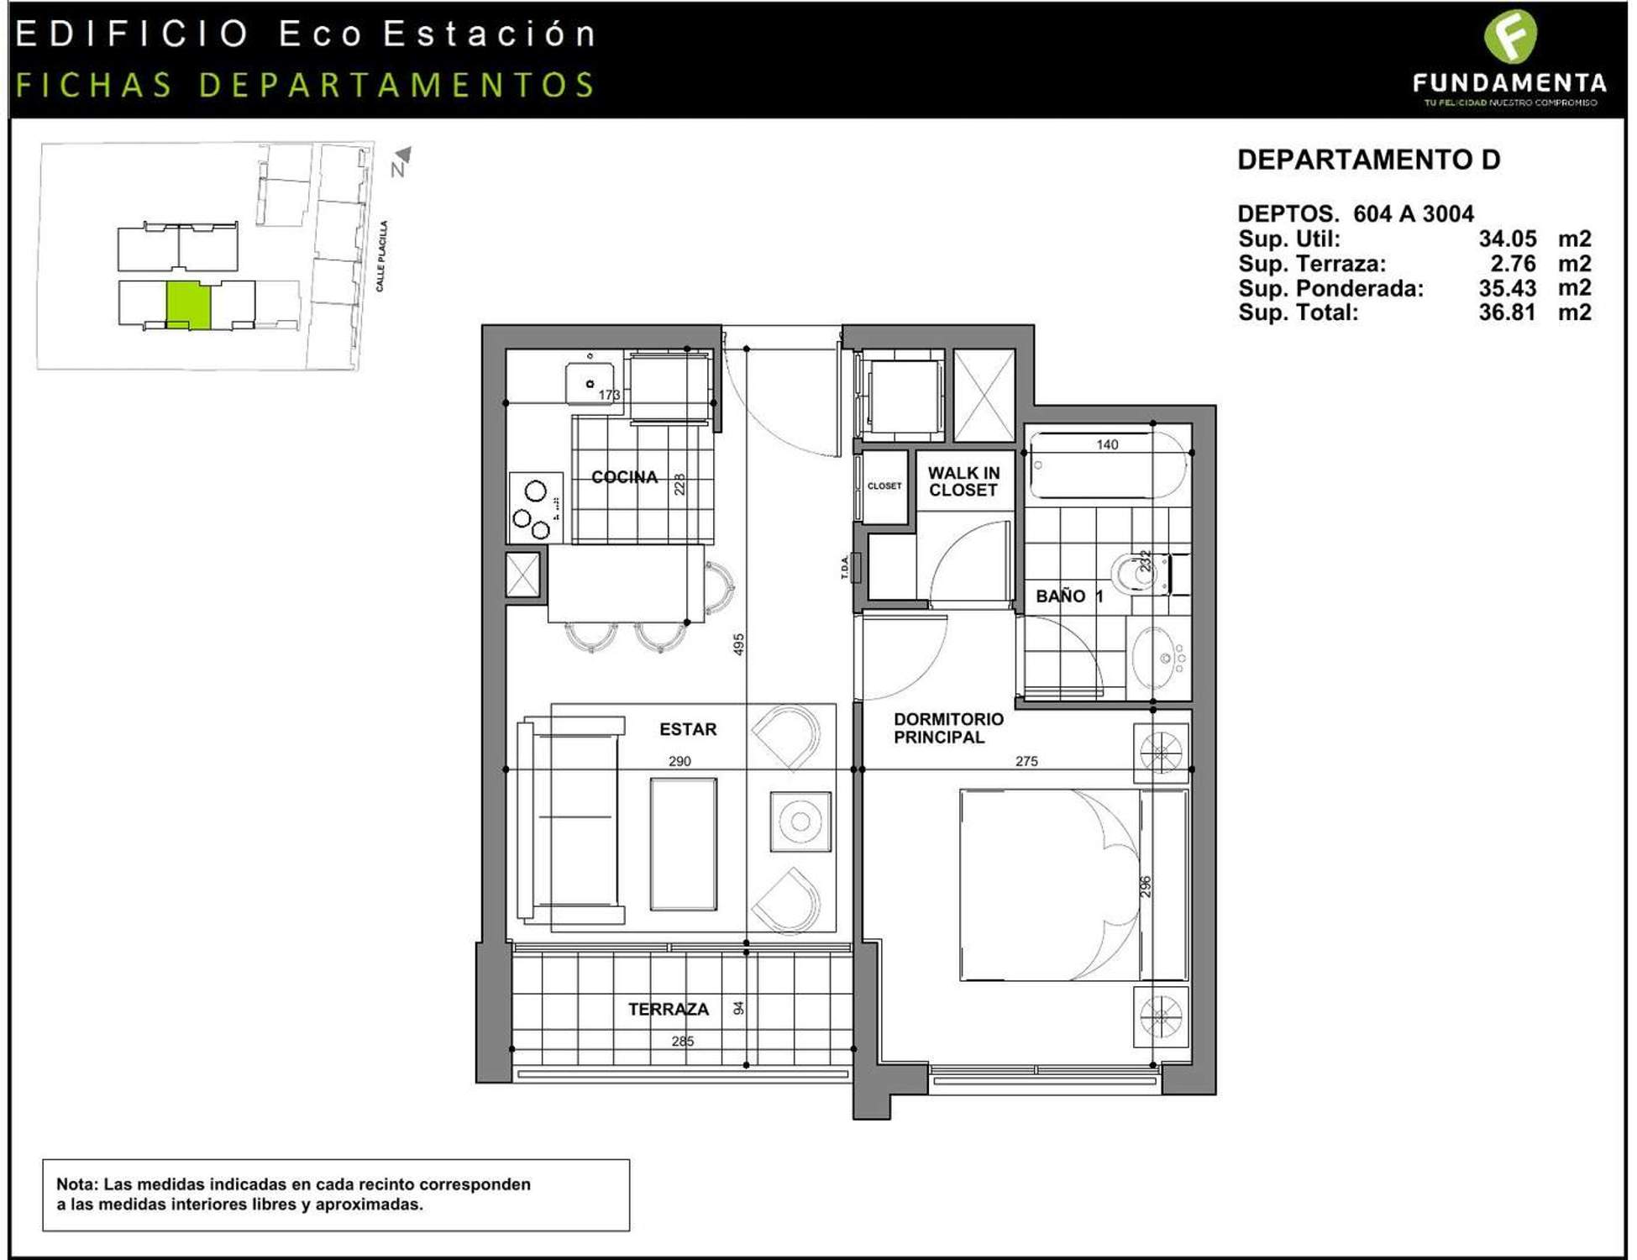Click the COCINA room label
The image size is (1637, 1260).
(624, 477)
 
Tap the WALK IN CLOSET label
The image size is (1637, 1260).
(963, 481)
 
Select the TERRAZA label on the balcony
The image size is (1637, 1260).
(669, 1009)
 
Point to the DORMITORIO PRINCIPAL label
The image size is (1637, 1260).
(948, 728)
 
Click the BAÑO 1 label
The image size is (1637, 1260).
(1069, 596)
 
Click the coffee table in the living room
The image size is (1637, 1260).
(683, 844)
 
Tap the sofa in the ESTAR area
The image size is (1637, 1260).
(570, 820)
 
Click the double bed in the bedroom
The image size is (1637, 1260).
(1073, 885)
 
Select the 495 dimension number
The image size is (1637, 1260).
(738, 644)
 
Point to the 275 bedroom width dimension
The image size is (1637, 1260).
(1026, 761)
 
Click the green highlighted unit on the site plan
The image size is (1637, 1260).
(188, 305)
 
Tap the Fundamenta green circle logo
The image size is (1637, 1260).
(1510, 36)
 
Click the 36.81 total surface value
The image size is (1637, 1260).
(1508, 312)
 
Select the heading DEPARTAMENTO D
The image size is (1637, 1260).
(1369, 160)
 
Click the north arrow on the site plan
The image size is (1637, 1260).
(401, 160)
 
